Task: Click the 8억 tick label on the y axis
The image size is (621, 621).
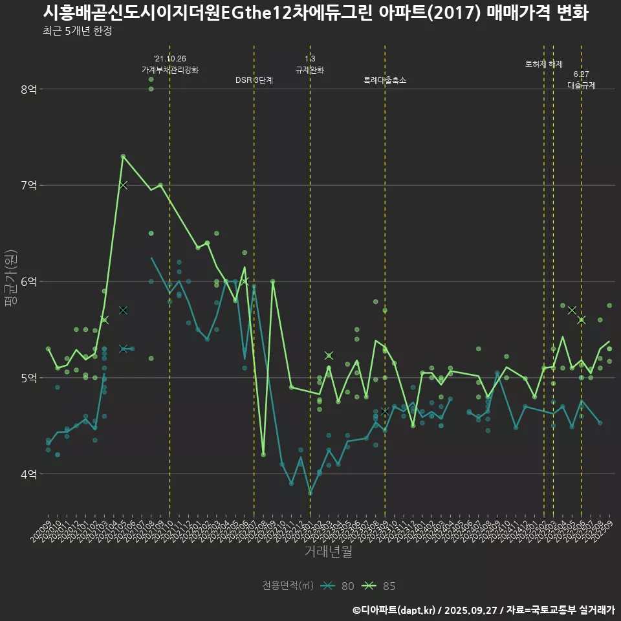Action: pos(28,89)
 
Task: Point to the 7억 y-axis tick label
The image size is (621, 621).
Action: pos(28,186)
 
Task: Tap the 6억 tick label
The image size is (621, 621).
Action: pos(28,281)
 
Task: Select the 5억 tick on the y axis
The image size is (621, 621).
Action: pos(28,378)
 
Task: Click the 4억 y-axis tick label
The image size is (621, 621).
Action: pos(28,474)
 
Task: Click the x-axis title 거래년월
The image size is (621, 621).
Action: pos(329,552)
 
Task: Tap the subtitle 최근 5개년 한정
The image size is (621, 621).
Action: pos(78,30)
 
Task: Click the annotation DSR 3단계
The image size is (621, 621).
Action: pos(254,80)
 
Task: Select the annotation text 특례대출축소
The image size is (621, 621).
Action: pos(385,80)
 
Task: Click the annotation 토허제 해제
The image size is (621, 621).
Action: pos(544,64)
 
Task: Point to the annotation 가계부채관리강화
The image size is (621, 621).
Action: pos(170,69)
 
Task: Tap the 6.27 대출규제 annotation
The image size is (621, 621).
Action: pos(581,80)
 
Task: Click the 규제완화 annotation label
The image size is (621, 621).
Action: pos(310,69)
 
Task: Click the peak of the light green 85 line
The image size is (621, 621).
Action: pos(123,156)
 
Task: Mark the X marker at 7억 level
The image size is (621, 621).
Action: pos(123,186)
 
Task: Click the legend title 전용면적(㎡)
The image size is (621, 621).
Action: pos(288,586)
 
